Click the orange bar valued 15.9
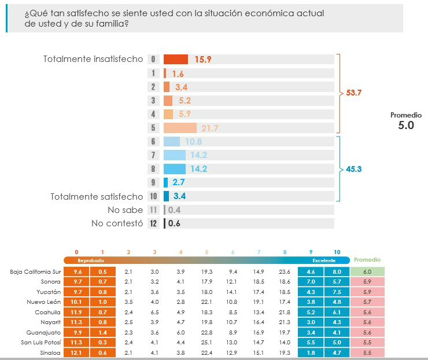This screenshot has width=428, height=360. coord(175,59)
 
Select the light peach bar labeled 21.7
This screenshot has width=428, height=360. coord(180,128)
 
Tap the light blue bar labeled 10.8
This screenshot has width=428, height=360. coord(172,142)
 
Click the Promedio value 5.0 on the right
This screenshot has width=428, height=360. coord(406,125)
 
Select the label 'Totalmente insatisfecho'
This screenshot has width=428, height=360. coord(93,59)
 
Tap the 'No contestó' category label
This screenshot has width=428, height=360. coord(117,223)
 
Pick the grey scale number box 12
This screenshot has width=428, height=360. coord(153,223)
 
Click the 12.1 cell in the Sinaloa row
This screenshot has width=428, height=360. coord(76,352)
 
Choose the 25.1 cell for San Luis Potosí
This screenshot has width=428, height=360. coord(206,342)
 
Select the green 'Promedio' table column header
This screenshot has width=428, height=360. coord(367,260)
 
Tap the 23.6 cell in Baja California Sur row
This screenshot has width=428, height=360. coord(285,271)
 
